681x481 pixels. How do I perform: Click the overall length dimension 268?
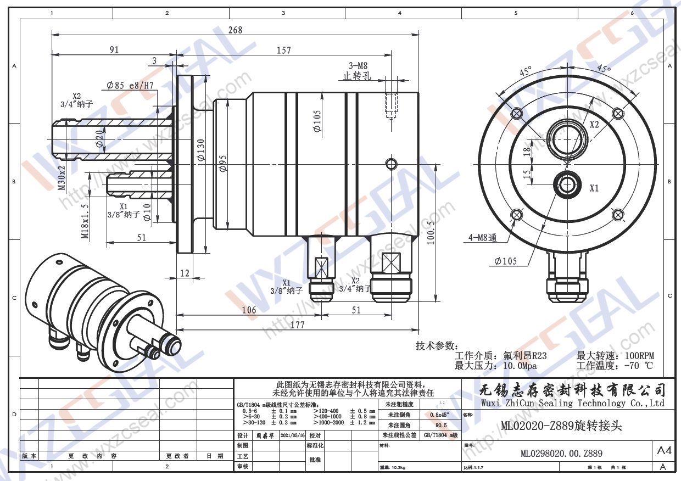[235, 30]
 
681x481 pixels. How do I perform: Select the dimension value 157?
[283, 50]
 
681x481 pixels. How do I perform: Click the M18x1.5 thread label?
[85, 222]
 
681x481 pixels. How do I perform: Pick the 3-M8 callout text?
[358, 65]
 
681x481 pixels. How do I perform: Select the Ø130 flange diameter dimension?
[201, 150]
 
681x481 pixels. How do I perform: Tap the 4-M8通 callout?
[481, 238]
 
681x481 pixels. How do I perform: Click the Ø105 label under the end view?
[505, 261]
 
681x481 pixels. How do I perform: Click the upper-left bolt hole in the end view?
[516, 114]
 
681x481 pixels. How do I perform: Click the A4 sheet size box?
[664, 451]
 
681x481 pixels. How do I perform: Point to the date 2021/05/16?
[292, 434]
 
